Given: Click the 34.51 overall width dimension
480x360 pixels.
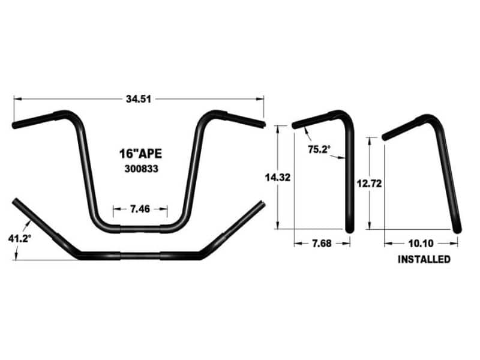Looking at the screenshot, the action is click(139, 99).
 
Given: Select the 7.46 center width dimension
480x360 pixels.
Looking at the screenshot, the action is click(140, 209).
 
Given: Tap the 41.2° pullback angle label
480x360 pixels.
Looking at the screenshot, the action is click(20, 238).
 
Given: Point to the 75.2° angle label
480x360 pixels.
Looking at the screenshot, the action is click(319, 149).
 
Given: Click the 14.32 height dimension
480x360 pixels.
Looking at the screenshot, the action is click(278, 177).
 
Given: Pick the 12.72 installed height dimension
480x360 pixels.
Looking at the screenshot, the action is click(369, 184).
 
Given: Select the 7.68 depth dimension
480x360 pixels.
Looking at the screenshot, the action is click(322, 244).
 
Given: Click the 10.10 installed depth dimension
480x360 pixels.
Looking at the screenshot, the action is click(421, 244).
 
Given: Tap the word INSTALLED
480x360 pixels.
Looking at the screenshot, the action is click(424, 259).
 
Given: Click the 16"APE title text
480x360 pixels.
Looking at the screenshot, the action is click(140, 154).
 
